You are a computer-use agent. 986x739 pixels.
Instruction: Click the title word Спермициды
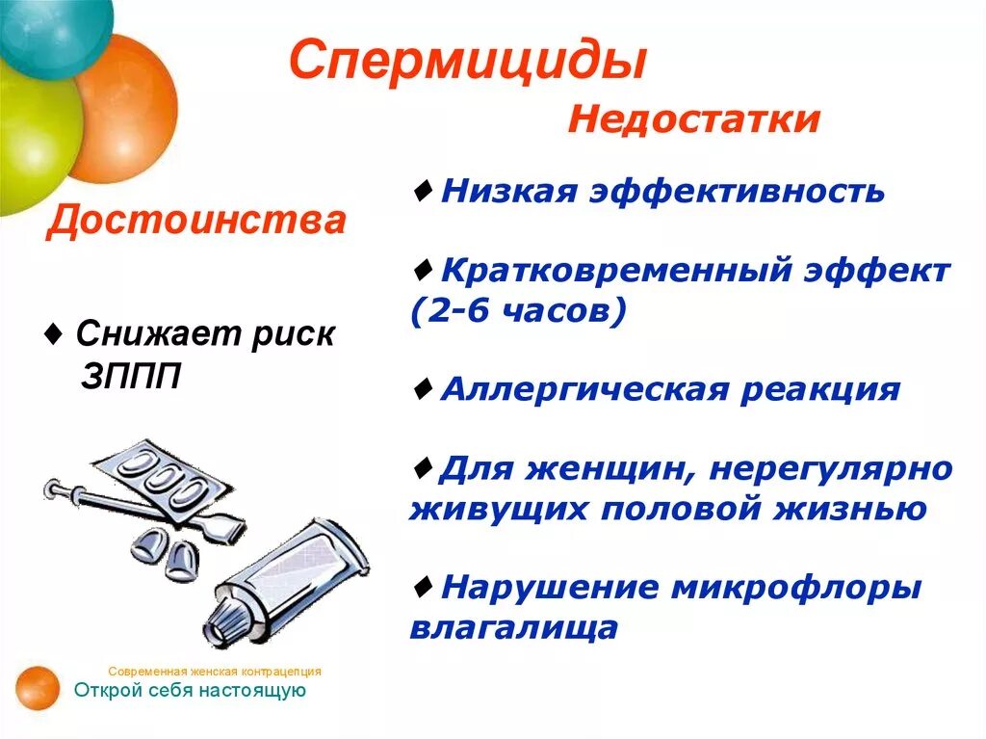click(x=467, y=60)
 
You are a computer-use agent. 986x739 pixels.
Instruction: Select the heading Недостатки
click(x=693, y=120)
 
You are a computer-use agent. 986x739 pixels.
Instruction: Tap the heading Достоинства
click(x=196, y=221)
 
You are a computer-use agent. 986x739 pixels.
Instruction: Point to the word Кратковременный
click(x=616, y=270)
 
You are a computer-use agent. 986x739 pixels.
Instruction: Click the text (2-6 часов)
click(x=517, y=311)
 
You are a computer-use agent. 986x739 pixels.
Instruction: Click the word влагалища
click(x=513, y=627)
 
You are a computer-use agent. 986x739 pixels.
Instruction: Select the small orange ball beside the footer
click(x=36, y=688)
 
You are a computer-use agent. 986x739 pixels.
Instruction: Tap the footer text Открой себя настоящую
click(x=190, y=690)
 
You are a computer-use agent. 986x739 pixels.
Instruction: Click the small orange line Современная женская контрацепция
click(x=215, y=671)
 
